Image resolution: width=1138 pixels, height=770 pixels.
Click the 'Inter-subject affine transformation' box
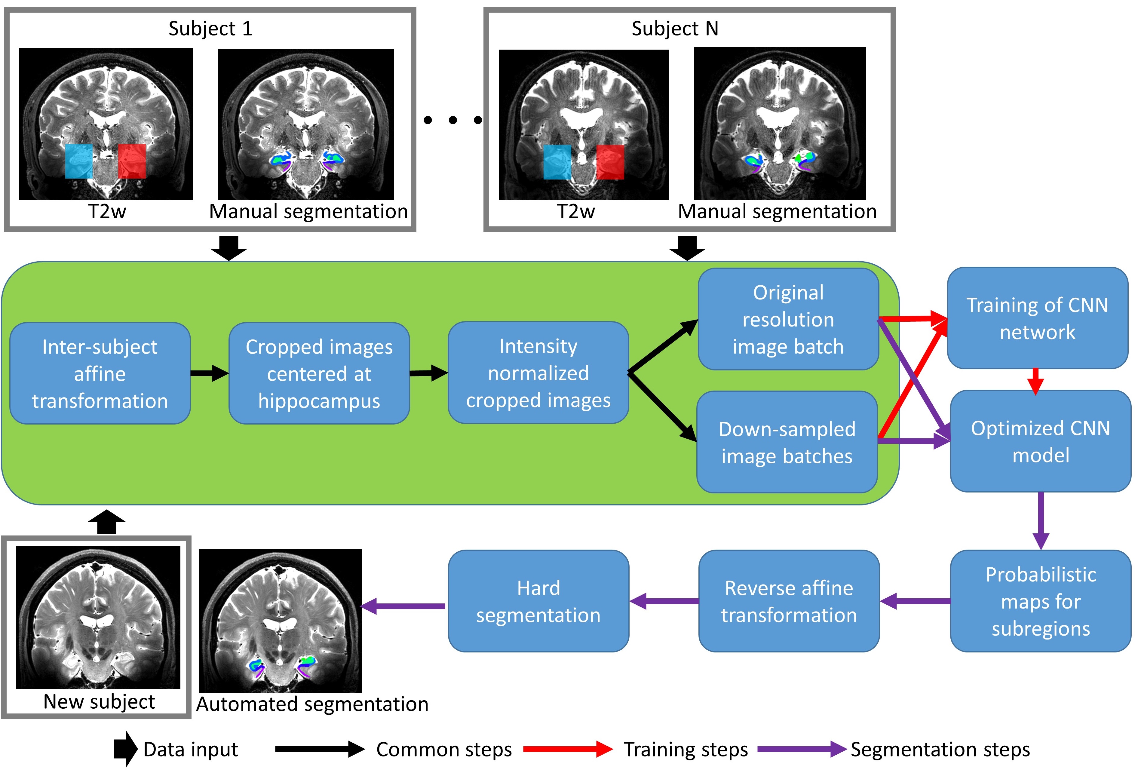click(100, 373)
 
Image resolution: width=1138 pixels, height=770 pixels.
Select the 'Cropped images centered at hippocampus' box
click(319, 373)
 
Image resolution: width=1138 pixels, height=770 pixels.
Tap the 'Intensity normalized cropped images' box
click(538, 373)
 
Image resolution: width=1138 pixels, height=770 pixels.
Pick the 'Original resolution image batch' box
click(788, 319)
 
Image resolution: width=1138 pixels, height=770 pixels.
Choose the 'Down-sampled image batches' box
click(787, 442)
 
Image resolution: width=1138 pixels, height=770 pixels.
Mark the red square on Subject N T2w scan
click(610, 162)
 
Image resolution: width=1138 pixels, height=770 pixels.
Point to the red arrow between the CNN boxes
click(1035, 381)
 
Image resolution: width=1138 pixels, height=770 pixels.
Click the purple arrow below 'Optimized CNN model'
click(1040, 520)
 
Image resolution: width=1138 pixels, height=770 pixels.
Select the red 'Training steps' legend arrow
click(567, 749)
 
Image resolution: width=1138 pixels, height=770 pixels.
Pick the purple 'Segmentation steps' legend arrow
click(801, 749)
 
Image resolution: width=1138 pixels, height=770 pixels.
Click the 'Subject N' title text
click(674, 28)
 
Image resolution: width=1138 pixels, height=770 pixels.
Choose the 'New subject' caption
click(99, 701)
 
